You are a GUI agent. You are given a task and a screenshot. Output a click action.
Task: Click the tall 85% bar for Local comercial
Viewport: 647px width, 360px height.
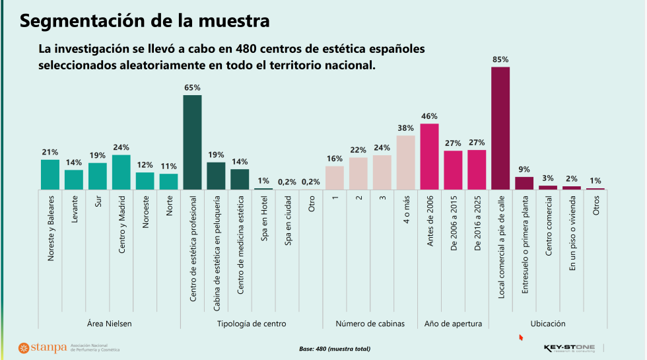coord(500,128)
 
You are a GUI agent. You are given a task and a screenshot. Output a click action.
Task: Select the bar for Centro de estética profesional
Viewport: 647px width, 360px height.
coord(192,143)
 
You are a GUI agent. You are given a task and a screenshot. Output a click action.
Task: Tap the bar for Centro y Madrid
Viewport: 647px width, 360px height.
coord(121,172)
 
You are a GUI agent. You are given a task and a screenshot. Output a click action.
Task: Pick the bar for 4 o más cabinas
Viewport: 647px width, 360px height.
coord(405,162)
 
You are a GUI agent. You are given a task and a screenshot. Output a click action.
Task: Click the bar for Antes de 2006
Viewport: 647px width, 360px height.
coord(429,157)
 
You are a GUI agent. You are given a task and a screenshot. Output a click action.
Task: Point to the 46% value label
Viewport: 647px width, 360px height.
coord(429,116)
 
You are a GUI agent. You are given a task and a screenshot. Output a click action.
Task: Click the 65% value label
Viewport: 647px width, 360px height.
coord(192,87)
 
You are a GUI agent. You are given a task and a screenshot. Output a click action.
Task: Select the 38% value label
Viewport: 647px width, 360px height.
coord(405,128)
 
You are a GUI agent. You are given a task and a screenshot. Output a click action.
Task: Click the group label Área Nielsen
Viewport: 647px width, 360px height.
coord(110,324)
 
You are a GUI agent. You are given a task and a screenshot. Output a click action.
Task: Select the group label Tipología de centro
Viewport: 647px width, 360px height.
coord(252,324)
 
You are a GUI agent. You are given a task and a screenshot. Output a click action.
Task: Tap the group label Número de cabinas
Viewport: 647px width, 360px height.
coord(370,324)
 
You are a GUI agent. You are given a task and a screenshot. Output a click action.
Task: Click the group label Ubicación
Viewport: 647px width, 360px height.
coord(548,324)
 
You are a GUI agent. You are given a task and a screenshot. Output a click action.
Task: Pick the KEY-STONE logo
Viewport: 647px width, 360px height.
coord(568,347)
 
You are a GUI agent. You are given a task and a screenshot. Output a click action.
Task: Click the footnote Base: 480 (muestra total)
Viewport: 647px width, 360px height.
coord(335,348)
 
